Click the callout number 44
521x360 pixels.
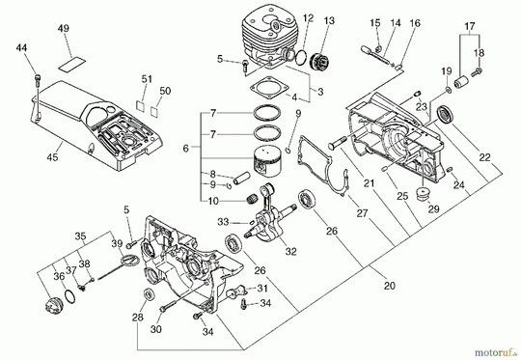coord(22,47)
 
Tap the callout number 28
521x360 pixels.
coord(138,316)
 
